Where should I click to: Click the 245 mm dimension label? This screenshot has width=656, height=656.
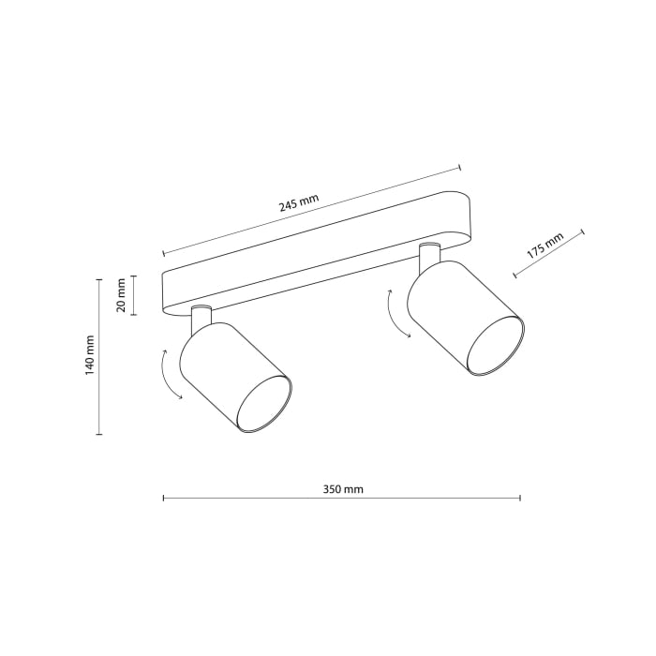299,201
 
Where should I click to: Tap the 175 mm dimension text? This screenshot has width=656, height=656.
544,246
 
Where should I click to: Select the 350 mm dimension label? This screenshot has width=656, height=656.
342,489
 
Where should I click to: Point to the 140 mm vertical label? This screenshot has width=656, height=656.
90,355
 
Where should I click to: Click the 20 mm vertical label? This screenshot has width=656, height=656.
121,295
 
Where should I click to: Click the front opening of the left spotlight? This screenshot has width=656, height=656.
263,404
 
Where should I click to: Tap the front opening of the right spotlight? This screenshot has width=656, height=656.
495,346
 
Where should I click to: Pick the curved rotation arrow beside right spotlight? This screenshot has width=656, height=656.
396,313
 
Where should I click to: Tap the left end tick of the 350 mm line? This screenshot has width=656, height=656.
163,499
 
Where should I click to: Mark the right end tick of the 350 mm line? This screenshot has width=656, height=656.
520,499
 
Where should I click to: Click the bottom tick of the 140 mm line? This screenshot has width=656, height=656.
98,435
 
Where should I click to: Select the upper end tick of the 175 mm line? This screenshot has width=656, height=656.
582,231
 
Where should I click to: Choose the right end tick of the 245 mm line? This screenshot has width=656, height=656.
460,167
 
